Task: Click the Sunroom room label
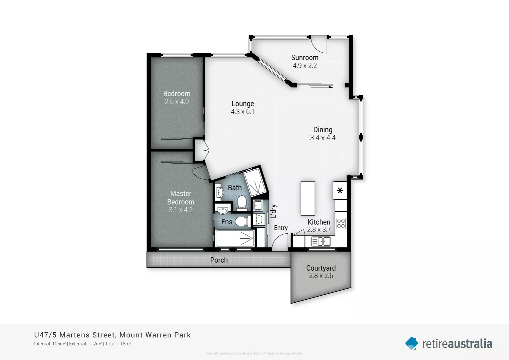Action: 304,58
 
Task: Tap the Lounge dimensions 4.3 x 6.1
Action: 243,112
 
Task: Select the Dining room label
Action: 322,130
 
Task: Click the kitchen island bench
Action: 308,198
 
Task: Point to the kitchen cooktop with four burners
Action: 341,223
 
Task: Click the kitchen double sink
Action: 321,241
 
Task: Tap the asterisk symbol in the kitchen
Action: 340,191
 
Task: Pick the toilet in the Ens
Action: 242,221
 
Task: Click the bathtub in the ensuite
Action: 235,238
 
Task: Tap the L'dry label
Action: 273,211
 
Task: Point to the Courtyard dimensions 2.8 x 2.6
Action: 321,276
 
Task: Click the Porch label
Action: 219,260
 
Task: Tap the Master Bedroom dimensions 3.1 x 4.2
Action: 181,210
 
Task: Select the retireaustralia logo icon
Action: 412,343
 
